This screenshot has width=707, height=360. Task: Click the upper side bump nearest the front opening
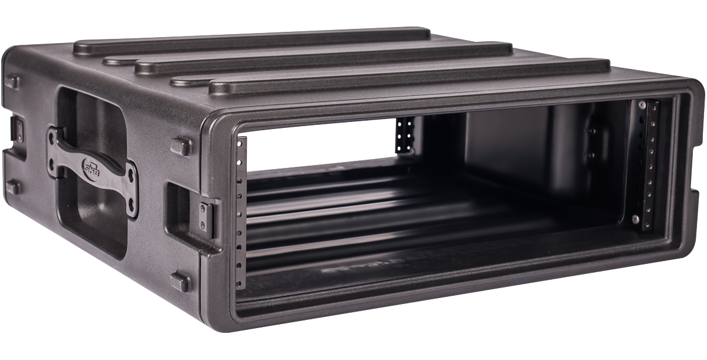tap(181, 146)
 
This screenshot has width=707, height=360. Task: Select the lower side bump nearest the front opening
tap(180, 282)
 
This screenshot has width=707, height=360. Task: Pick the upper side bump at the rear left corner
tap(13, 82)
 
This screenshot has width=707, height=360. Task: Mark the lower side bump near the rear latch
tap(13, 187)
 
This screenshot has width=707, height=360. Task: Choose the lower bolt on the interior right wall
tap(590, 155)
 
